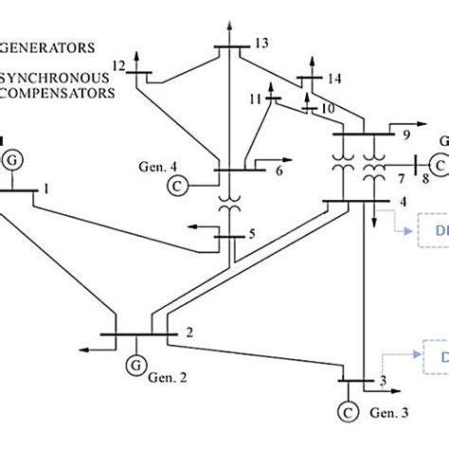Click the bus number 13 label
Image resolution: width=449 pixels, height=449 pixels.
261,43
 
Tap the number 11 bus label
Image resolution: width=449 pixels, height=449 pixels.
255,99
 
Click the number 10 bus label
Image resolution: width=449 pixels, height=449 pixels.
328,109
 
